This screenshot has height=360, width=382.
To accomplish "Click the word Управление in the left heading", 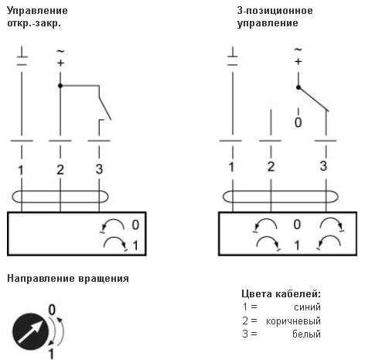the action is pos(37,11).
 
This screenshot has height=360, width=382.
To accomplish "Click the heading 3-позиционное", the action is pos(275,11).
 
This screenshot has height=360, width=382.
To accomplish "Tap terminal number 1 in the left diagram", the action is pos(21,170).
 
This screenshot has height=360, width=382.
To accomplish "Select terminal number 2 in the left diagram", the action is pos(60,170).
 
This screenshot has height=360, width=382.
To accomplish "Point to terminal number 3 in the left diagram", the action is pos(99,170).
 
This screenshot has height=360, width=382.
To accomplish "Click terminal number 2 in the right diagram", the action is pos(271,166).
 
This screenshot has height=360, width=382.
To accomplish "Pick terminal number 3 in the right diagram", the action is pos(323,166).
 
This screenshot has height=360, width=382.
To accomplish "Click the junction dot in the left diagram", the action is pos(60,85).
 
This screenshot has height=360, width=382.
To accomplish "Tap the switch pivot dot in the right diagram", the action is pos(298,87).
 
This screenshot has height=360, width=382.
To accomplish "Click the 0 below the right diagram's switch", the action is pos(298,122).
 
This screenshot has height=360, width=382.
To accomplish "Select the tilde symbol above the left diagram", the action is pos(60,51).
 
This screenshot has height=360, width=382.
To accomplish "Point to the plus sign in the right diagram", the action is pos(298,62).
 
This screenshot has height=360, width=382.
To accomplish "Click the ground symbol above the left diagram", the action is pos(22,56).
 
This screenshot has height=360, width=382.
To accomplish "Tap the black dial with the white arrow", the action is pos(31,331).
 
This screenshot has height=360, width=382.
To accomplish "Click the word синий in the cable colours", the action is pos(307,307).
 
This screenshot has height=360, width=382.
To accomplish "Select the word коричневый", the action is pos(293,321).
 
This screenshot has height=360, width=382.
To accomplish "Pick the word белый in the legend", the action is pos(307,334).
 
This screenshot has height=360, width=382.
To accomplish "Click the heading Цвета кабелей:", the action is pos(281,294).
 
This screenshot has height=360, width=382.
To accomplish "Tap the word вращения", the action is pos(104,279).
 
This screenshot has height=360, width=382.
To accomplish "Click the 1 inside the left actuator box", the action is pos(135,245).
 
